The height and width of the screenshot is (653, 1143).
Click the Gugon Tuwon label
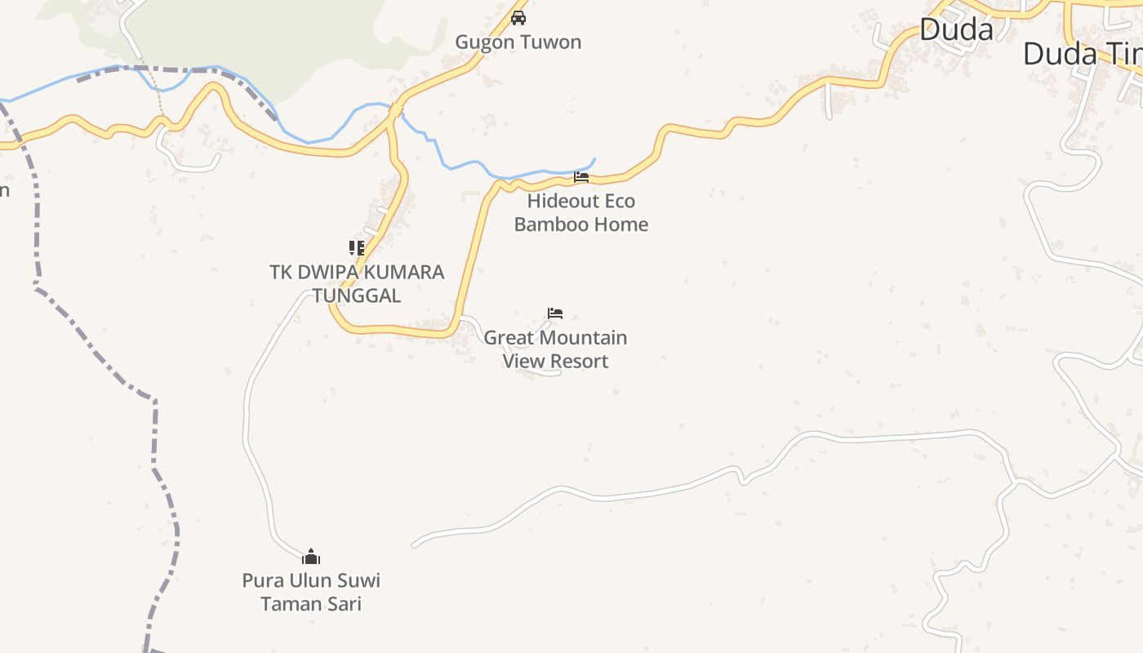[x=518, y=42]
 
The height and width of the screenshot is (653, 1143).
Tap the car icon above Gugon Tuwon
[x=518, y=17]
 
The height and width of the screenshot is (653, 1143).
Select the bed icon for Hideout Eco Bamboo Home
[x=580, y=176]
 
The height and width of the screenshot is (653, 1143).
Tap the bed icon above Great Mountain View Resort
[x=555, y=313]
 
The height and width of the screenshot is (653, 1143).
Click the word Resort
[x=577, y=361]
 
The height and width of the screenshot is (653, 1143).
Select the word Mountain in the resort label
[x=582, y=337]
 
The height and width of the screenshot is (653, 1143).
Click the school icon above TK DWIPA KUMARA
[x=357, y=248]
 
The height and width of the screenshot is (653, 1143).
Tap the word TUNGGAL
[x=357, y=295]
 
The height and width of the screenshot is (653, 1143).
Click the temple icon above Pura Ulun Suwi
[x=311, y=557]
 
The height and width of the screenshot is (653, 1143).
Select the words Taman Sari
[x=311, y=604]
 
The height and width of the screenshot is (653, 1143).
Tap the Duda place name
[x=956, y=30]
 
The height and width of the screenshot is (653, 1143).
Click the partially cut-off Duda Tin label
[x=1082, y=55]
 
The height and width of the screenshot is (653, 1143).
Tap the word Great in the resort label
[x=508, y=337]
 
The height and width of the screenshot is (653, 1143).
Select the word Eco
[x=619, y=201]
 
